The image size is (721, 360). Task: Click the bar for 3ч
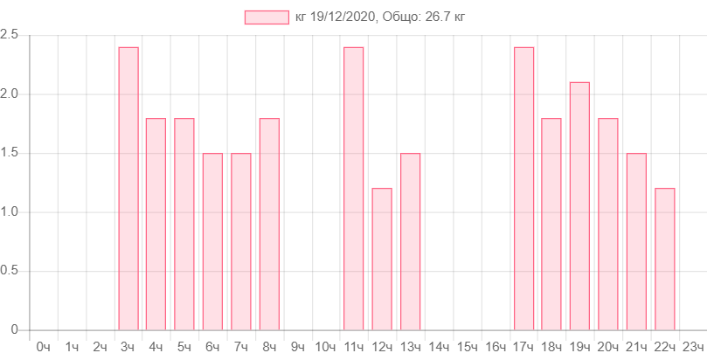[128, 188]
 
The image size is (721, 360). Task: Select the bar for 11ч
[354, 188]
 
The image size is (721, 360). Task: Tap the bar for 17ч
[524, 188]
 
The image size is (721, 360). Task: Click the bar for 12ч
[382, 259]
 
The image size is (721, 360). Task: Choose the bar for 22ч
[665, 259]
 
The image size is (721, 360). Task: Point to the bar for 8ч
[269, 224]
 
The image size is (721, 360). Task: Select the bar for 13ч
[411, 241]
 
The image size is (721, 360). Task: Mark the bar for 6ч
[212, 241]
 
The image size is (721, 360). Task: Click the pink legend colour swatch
[267, 17]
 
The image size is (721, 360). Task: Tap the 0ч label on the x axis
[43, 347]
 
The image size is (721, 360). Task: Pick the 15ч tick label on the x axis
[468, 347]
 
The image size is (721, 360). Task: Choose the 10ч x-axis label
[326, 347]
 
